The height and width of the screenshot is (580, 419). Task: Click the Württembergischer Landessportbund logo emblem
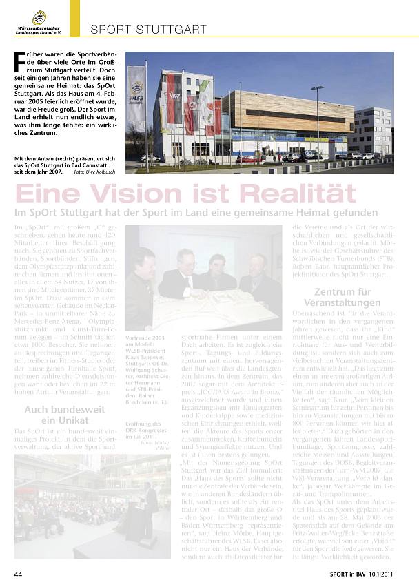point(40,17)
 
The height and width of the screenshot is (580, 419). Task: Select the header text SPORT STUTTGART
point(148,30)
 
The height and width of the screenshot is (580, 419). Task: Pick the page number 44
point(19,573)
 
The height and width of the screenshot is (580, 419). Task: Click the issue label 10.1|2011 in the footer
point(387,573)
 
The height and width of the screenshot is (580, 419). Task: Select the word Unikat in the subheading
point(65,420)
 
